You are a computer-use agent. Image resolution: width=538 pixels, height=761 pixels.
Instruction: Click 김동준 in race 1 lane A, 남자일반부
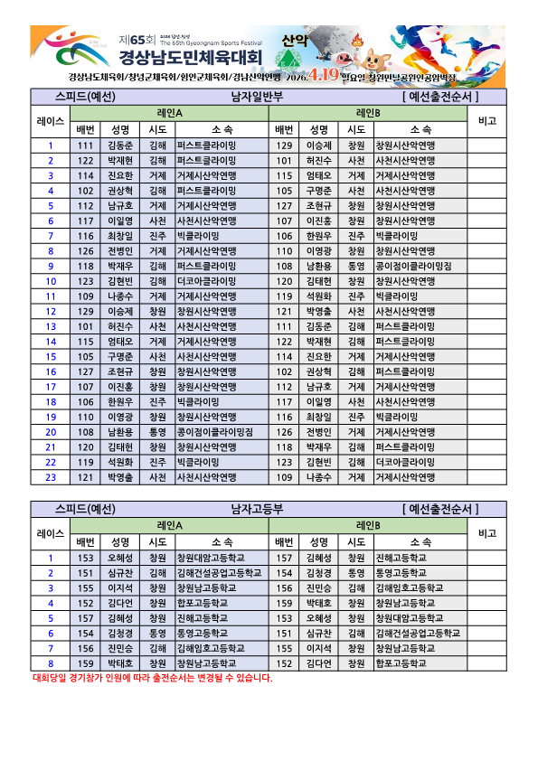[x=120, y=145]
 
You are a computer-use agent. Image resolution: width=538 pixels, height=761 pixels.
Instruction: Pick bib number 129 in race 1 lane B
[x=284, y=145]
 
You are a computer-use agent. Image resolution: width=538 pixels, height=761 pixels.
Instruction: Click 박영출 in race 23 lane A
[x=120, y=476]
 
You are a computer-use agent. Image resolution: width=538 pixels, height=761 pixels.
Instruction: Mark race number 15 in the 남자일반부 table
[x=52, y=356]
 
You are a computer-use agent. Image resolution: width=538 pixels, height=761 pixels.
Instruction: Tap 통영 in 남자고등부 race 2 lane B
[x=357, y=572]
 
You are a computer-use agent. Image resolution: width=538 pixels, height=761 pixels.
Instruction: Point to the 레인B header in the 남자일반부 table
[x=368, y=113]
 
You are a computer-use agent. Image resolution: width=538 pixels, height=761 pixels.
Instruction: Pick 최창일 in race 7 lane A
[x=120, y=235]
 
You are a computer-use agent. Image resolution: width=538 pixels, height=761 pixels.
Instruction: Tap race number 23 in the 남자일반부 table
[x=52, y=476]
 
